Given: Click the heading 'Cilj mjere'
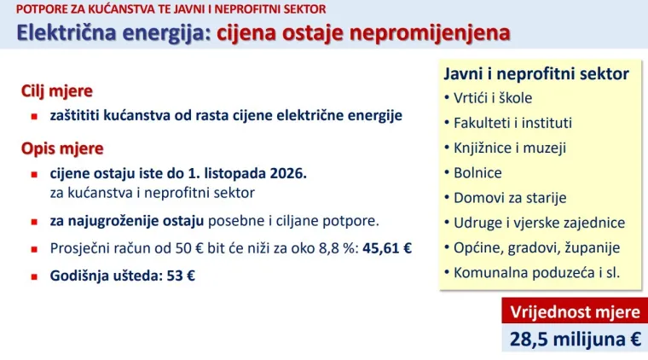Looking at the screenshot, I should point(57,91).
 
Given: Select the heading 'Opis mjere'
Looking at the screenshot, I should point(62,148).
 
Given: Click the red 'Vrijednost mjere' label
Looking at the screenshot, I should point(574,310).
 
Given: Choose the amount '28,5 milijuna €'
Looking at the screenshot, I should point(575,339).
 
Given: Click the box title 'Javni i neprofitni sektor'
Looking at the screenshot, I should point(535,73).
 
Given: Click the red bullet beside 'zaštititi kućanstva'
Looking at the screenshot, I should point(35,115).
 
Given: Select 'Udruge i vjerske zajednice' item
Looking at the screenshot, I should point(538,223).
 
